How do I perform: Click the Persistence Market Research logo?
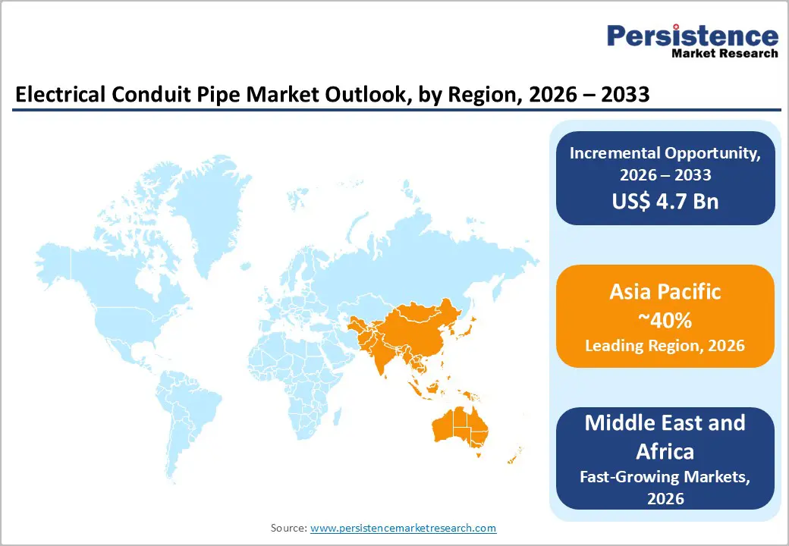691,42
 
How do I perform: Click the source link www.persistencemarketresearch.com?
403,528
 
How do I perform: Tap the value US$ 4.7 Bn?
665,201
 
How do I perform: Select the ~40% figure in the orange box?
665,320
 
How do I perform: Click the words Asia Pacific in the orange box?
665,292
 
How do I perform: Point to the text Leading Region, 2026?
665,346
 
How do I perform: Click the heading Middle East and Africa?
665,437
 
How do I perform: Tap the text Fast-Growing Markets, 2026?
665,487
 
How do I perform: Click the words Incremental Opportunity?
665,152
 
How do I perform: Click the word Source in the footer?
288,528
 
